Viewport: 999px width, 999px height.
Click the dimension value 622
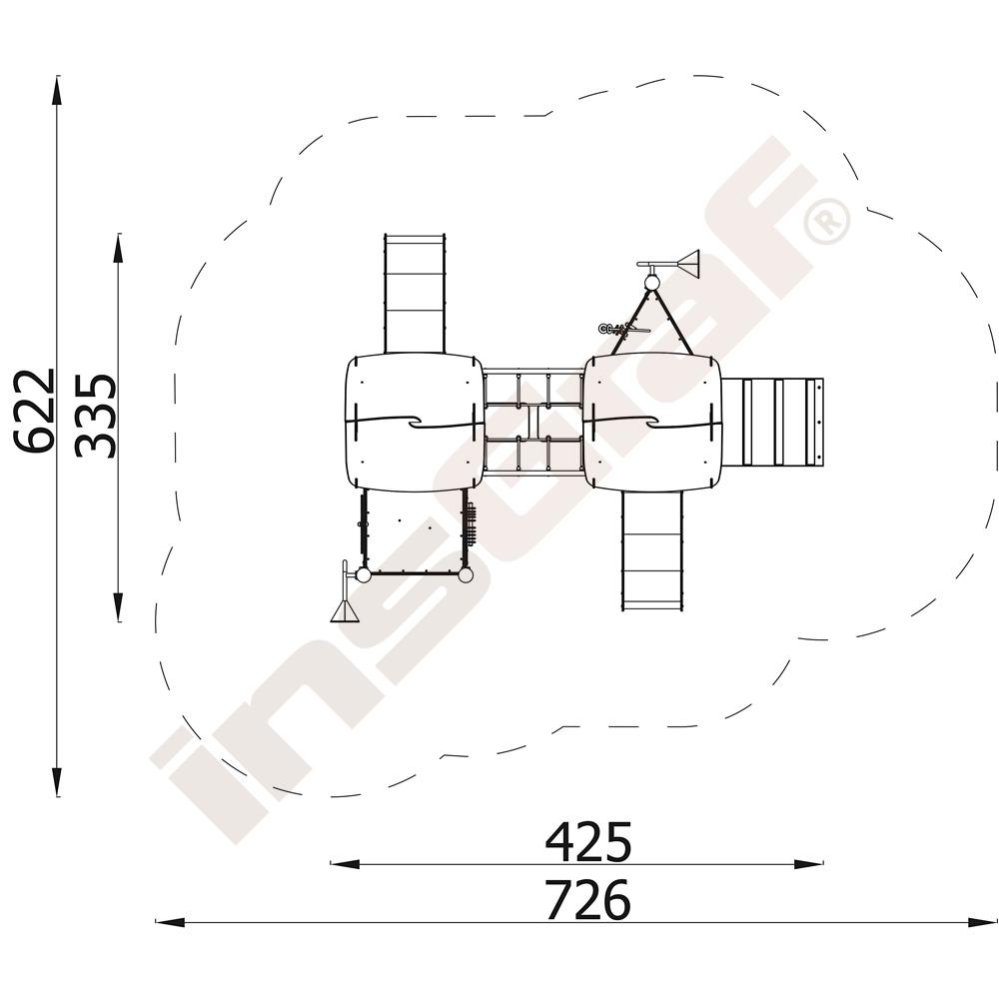[x=36, y=411]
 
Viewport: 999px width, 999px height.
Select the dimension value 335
[x=96, y=416]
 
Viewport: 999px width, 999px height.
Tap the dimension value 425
[x=588, y=841]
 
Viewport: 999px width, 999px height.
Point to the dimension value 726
[x=588, y=900]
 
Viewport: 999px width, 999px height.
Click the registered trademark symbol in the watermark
[x=827, y=221]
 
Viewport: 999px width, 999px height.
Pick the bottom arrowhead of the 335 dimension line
[x=118, y=606]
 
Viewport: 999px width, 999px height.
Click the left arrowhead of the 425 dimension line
[x=345, y=864]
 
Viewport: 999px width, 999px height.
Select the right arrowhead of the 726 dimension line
[x=983, y=922]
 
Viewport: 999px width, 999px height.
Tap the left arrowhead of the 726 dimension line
[x=170, y=922]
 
